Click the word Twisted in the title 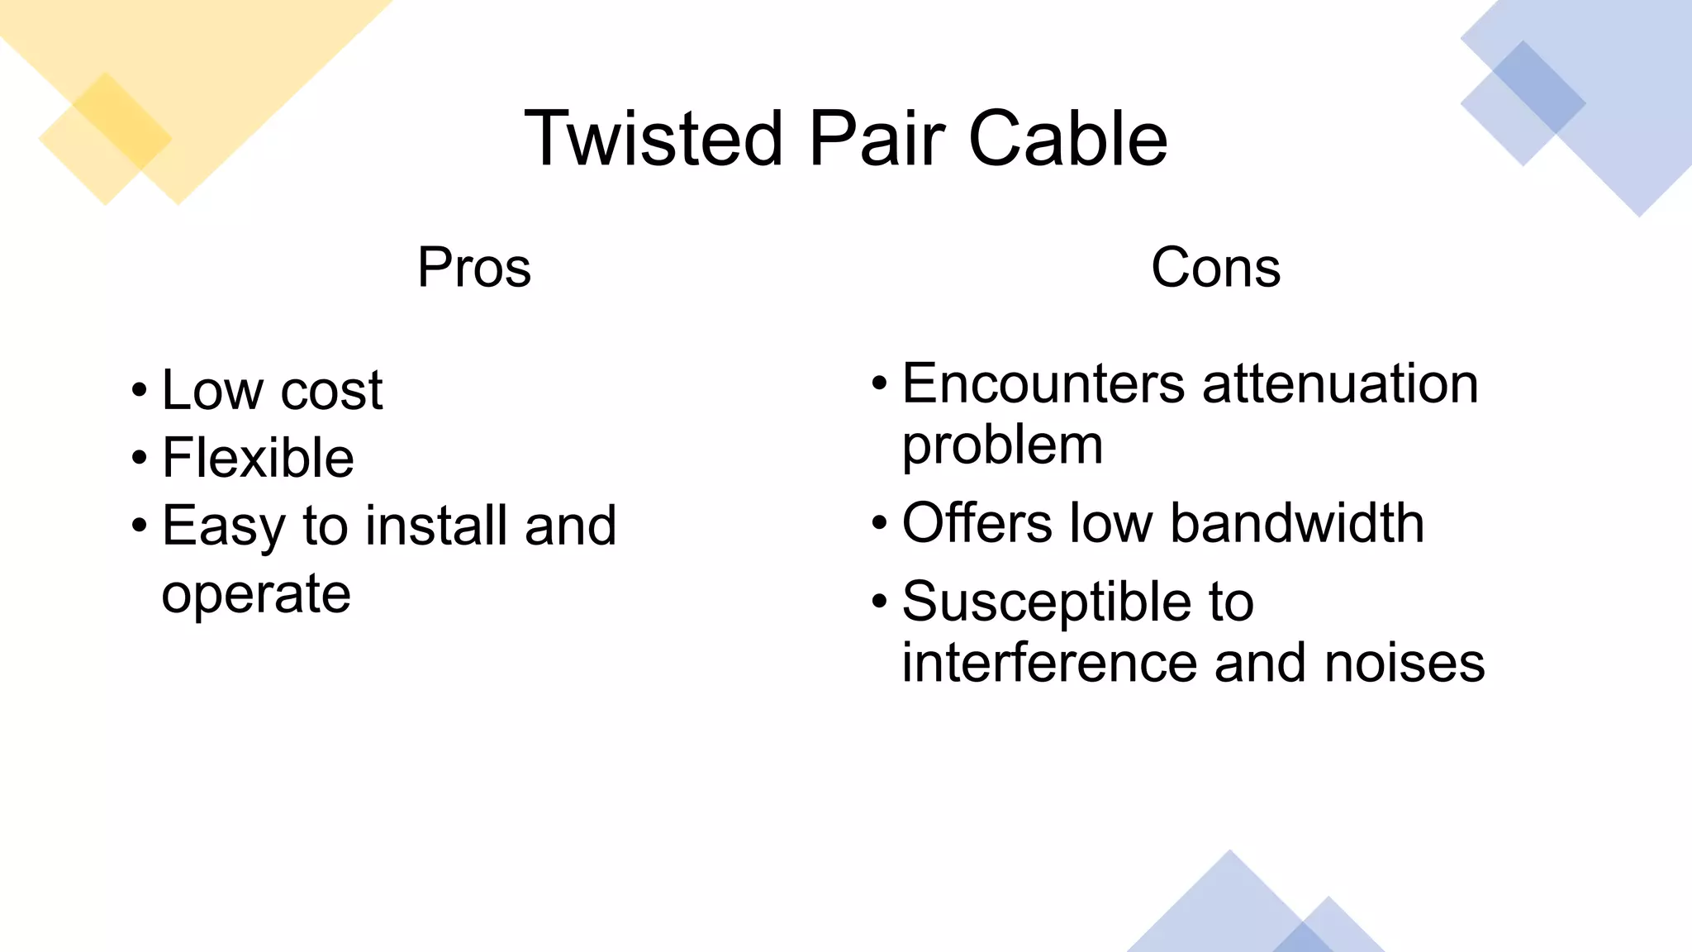click(653, 139)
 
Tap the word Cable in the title click(1067, 139)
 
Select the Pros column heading click(474, 268)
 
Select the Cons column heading click(1215, 268)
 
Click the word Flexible click(258, 458)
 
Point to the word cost click(331, 390)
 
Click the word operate click(256, 595)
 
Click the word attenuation click(1340, 384)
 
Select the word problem click(1002, 447)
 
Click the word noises click(1404, 663)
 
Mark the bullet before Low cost click(139, 390)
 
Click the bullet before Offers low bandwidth click(879, 523)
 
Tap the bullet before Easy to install click(139, 526)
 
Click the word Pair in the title click(877, 139)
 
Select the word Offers click(977, 523)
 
